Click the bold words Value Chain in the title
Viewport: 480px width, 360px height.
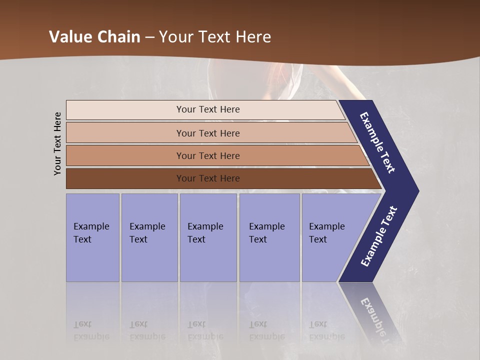(94, 37)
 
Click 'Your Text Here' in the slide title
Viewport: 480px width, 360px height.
(215, 37)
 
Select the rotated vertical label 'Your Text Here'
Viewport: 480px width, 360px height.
(57, 143)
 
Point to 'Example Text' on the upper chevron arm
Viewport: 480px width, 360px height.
(377, 142)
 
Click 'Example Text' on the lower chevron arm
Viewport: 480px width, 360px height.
(379, 236)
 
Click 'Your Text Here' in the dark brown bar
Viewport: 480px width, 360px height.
(208, 178)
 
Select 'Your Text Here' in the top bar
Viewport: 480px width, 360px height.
(208, 109)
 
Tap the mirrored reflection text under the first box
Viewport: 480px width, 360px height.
(91, 331)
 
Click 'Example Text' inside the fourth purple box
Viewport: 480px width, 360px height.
(266, 233)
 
